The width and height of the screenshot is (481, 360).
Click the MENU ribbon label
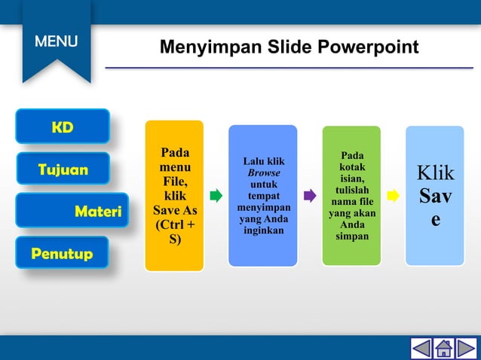(x=56, y=41)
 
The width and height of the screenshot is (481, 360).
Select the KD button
(x=63, y=127)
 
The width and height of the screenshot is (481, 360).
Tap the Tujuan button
(x=63, y=169)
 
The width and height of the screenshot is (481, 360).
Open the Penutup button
(x=62, y=253)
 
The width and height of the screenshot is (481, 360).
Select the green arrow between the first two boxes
(x=216, y=197)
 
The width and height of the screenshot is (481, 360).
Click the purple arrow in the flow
(x=310, y=197)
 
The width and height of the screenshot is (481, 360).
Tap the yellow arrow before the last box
(x=393, y=197)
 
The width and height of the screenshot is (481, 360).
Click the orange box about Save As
(x=174, y=196)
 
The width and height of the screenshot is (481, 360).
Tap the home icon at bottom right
(x=444, y=348)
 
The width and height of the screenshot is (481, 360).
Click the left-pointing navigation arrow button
(x=421, y=348)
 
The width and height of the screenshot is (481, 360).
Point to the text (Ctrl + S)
(x=174, y=232)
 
